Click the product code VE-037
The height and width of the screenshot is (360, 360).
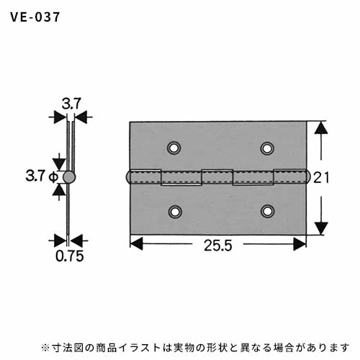[35, 17]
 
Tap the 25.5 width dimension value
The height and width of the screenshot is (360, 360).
[218, 246]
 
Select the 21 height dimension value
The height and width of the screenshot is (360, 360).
[321, 178]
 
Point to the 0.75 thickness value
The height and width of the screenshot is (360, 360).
[70, 256]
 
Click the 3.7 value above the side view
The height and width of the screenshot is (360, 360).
[71, 104]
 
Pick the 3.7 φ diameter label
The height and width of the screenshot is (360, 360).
[42, 176]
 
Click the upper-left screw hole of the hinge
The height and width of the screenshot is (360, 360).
[174, 148]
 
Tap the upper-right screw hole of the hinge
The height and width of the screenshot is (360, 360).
[267, 148]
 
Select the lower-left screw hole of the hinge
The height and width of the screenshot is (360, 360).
[175, 212]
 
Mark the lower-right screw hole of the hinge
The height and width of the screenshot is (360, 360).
[267, 211]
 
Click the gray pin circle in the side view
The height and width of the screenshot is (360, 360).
[69, 177]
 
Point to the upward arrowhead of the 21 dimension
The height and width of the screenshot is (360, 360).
[321, 127]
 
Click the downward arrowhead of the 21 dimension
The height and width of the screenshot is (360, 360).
[321, 228]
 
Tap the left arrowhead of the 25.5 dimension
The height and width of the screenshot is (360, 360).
[136, 244]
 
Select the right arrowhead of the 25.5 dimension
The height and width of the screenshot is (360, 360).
[300, 244]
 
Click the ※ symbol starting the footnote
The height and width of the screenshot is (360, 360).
[45, 347]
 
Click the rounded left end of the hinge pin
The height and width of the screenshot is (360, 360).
[128, 177]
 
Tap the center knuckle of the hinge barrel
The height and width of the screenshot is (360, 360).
[217, 177]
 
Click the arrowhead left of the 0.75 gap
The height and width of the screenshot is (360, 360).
[60, 240]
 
